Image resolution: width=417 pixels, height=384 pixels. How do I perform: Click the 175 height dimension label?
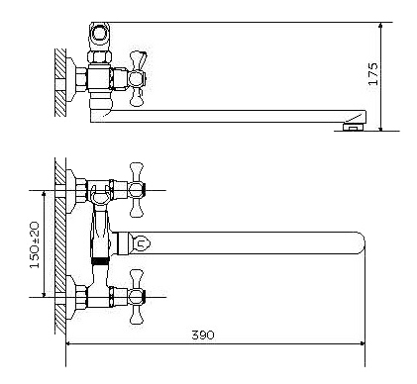tap(373, 74)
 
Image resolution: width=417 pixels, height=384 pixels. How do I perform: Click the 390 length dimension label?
tap(203, 336)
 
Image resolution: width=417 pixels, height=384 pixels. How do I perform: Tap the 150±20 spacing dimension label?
tap(35, 244)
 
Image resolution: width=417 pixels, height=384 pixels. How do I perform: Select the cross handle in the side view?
tap(137, 79)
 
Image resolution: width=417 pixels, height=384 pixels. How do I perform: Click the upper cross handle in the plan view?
tap(137, 190)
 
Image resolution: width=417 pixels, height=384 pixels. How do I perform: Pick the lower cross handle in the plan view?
tap(137, 297)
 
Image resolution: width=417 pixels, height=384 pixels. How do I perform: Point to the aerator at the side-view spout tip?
tap(354, 126)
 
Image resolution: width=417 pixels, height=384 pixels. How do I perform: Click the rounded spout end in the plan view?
tap(361, 243)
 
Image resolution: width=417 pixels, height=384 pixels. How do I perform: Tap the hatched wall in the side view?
tap(60, 82)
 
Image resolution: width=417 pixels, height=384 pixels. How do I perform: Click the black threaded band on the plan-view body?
tap(99, 261)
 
